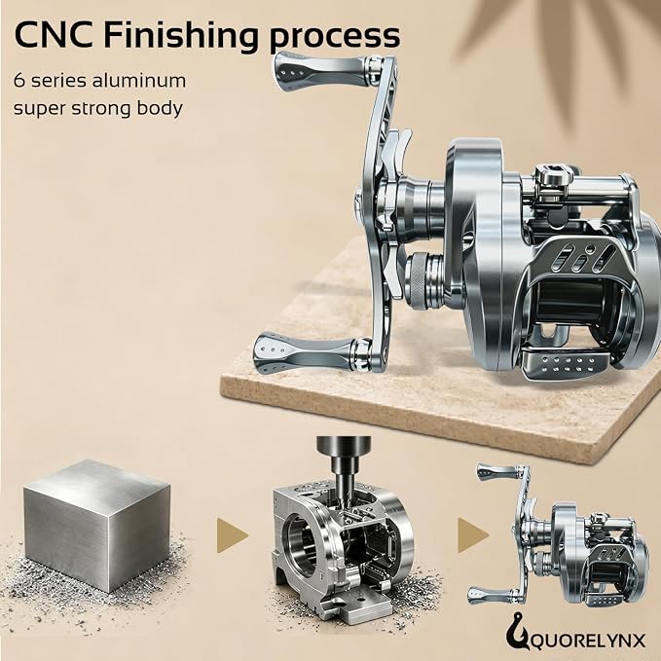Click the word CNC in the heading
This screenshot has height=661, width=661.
tap(54, 34)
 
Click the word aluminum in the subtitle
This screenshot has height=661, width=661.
tap(139, 80)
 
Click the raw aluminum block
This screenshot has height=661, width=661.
tap(97, 525)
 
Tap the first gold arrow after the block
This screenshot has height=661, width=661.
tap(232, 535)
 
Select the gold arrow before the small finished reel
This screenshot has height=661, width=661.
tap(472, 535)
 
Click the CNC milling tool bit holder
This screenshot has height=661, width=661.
tap(344, 459)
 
